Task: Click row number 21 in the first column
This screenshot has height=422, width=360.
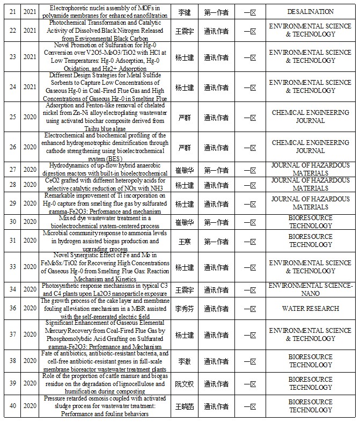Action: click(12, 11)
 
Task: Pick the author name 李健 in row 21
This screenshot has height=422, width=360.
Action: click(185, 11)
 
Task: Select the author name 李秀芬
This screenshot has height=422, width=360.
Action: click(185, 308)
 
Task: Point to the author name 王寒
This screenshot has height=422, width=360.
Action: click(185, 241)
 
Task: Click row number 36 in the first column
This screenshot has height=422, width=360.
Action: click(12, 308)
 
